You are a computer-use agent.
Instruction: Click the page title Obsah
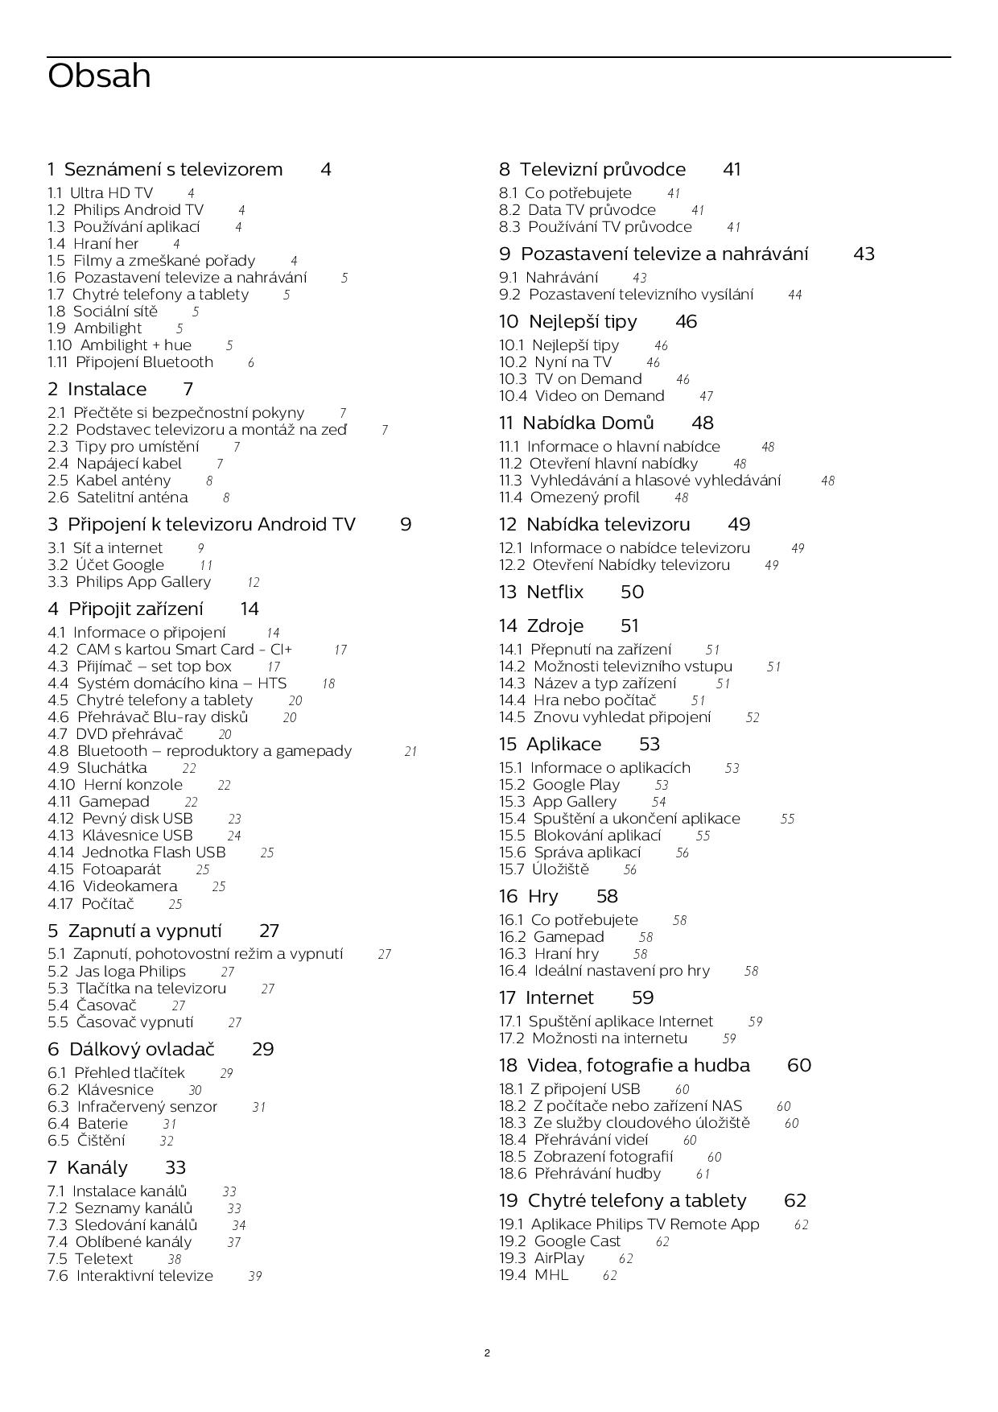[x=99, y=76]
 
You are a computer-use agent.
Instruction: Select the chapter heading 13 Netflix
[x=541, y=592]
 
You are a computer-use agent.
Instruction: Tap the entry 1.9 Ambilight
[x=94, y=328]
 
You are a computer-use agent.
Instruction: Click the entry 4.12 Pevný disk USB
[x=120, y=819]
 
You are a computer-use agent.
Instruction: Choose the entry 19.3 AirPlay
[x=542, y=1258]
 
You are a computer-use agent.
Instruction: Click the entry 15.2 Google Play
[x=559, y=785]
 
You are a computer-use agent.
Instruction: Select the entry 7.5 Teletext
[x=90, y=1259]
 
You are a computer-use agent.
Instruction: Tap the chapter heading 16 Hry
[x=528, y=897]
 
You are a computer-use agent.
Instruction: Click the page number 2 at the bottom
[x=487, y=1352]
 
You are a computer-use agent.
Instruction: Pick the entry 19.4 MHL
[x=534, y=1275]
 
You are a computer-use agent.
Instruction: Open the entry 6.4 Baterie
[x=88, y=1124]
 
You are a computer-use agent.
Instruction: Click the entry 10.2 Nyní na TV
[x=555, y=362]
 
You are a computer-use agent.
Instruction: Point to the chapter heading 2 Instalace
[x=97, y=390]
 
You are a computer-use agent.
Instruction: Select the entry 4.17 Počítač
[x=91, y=904]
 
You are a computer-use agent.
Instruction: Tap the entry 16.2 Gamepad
[x=551, y=937]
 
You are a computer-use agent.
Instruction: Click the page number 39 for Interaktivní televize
[x=255, y=1276]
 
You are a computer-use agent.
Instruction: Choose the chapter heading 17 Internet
[x=546, y=998]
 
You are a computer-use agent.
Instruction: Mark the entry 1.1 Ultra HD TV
[x=100, y=193]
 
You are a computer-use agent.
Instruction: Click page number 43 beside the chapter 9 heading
[x=864, y=254]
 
